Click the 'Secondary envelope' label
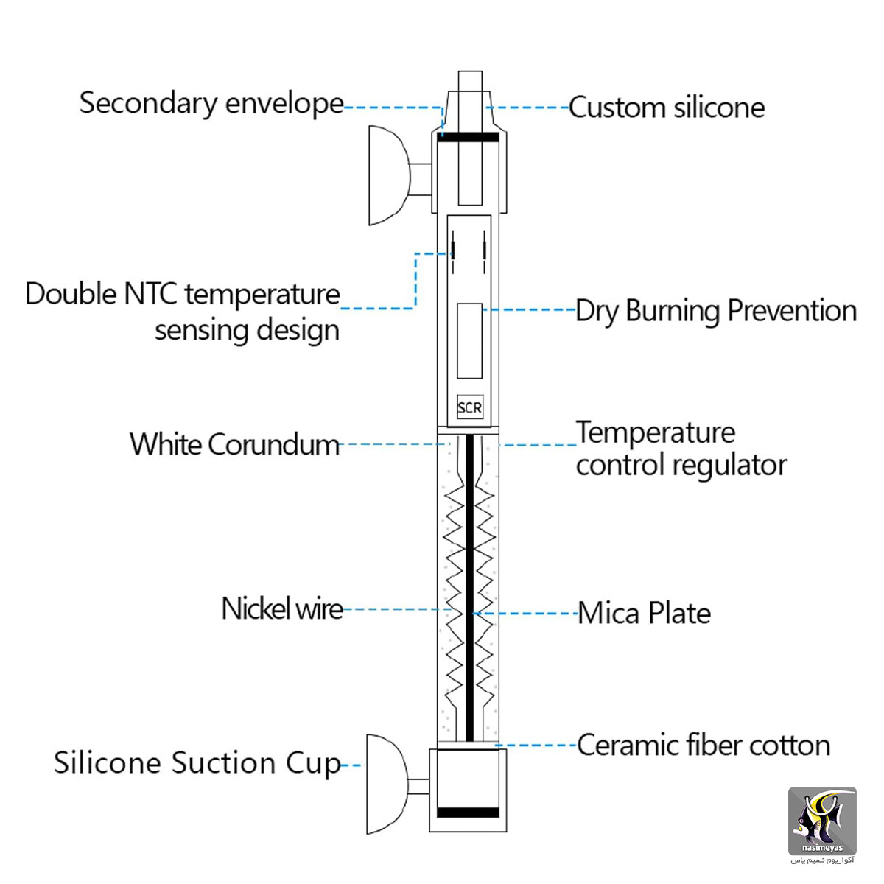[211, 103]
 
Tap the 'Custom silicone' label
[667, 108]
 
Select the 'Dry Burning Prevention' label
[716, 311]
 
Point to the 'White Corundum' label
[234, 444]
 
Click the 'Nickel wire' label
[282, 608]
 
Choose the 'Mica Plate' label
[644, 613]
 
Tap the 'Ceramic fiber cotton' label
[704, 745]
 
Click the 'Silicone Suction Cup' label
[197, 764]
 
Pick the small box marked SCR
[470, 407]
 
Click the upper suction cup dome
[388, 175]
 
